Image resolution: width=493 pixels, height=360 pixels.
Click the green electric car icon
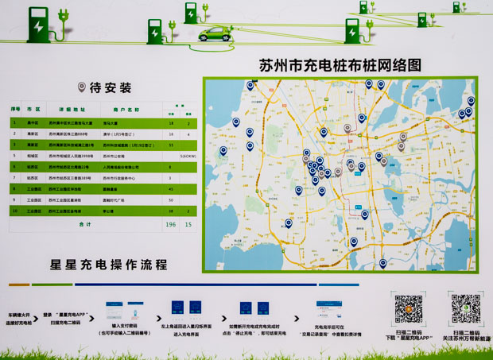point(214,34)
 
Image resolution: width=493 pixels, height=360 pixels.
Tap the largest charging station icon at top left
point(37,25)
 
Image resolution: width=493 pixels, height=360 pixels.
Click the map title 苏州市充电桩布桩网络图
point(340,65)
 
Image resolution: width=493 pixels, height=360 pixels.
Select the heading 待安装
point(110,87)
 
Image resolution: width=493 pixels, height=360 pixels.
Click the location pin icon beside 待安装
point(81,87)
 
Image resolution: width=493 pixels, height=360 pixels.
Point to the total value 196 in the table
point(170,224)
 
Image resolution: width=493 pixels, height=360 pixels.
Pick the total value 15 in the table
point(188,224)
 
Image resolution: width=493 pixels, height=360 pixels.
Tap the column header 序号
point(15,108)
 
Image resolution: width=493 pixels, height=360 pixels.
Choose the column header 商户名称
point(126,108)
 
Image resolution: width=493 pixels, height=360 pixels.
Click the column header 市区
point(33,108)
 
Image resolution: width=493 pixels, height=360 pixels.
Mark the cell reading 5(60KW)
point(188,157)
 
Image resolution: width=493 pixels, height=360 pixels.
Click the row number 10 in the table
point(15,211)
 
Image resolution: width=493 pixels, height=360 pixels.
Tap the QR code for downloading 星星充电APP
point(408,307)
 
